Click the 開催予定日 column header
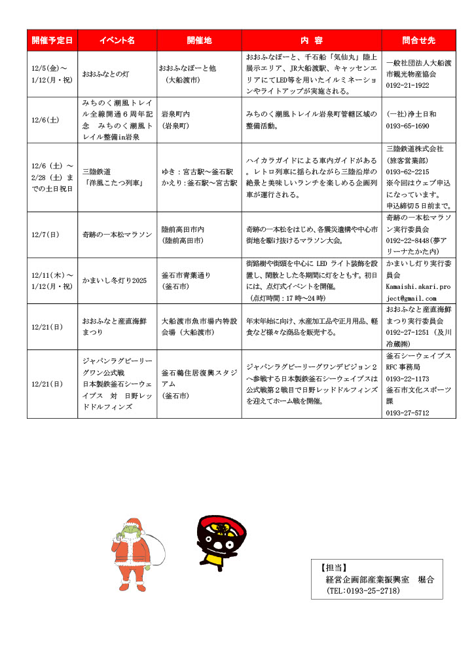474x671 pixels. point(52,40)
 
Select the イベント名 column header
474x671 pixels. point(117,40)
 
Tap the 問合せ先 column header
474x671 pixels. point(419,40)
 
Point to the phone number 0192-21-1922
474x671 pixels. point(408,86)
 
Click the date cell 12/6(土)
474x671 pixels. point(45,120)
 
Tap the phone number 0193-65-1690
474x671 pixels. point(408,125)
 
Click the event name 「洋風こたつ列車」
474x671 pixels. point(113,183)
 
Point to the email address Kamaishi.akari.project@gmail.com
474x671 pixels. point(416,293)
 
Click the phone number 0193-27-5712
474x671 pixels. point(408,413)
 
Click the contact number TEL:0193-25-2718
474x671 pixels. point(363,591)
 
